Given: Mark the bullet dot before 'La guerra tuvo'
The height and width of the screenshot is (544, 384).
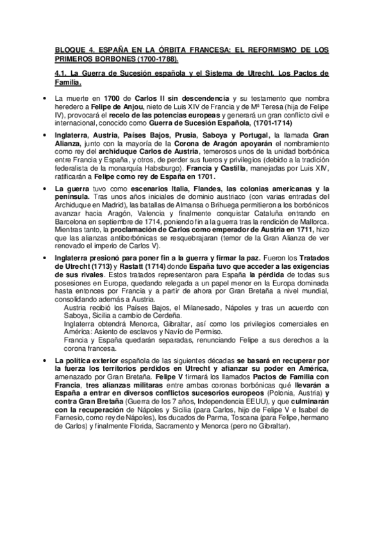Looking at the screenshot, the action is tap(43, 189).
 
